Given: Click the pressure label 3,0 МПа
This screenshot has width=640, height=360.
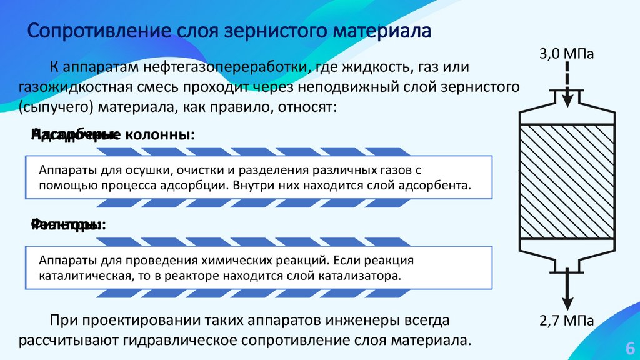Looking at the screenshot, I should click(x=566, y=54).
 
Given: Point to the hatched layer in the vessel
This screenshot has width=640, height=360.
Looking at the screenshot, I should click(x=566, y=181).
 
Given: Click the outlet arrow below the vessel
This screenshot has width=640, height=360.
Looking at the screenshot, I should click(x=566, y=287).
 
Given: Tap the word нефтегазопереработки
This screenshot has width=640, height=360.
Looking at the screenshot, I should click(x=225, y=66).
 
